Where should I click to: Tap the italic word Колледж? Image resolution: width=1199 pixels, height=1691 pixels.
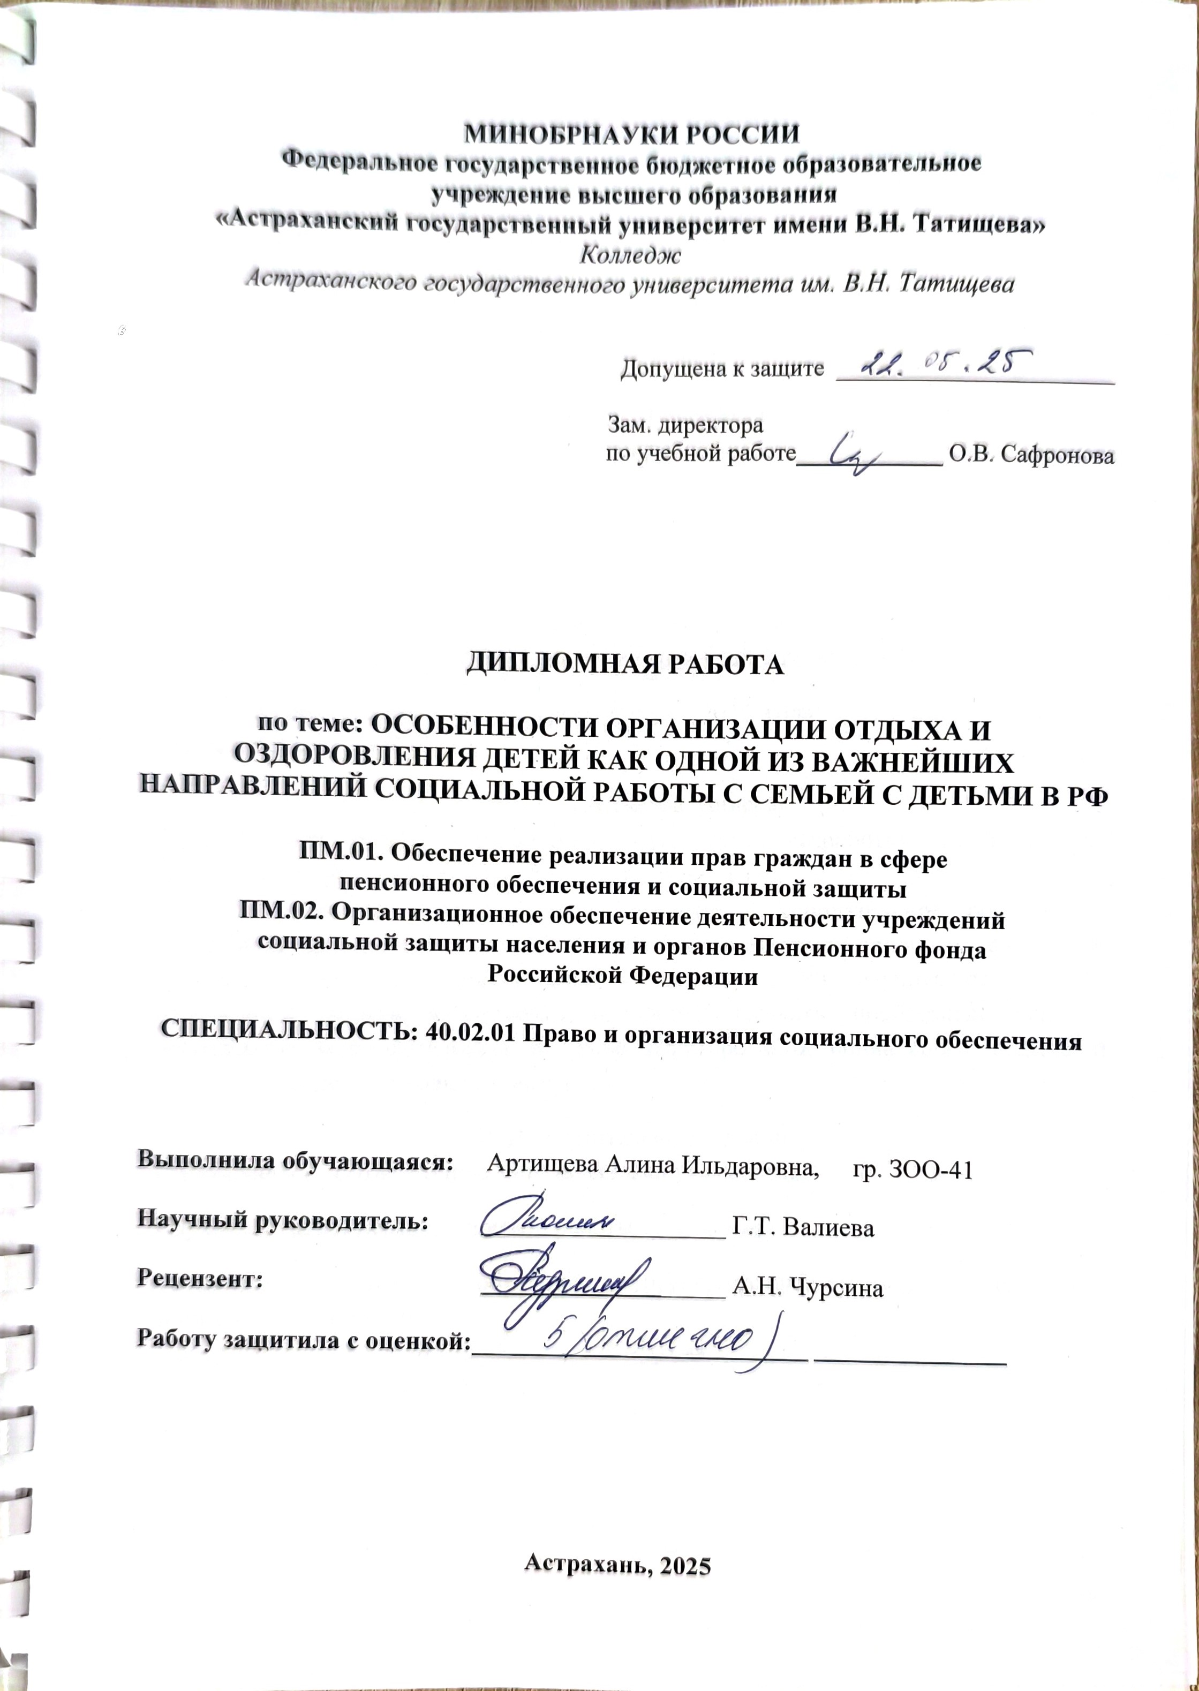click(x=630, y=255)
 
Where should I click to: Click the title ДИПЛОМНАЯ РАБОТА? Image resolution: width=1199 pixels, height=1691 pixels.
click(x=624, y=665)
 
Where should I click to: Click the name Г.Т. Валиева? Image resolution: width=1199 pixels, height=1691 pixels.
click(x=803, y=1227)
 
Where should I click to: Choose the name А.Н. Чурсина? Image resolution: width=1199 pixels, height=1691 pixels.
click(x=808, y=1288)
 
